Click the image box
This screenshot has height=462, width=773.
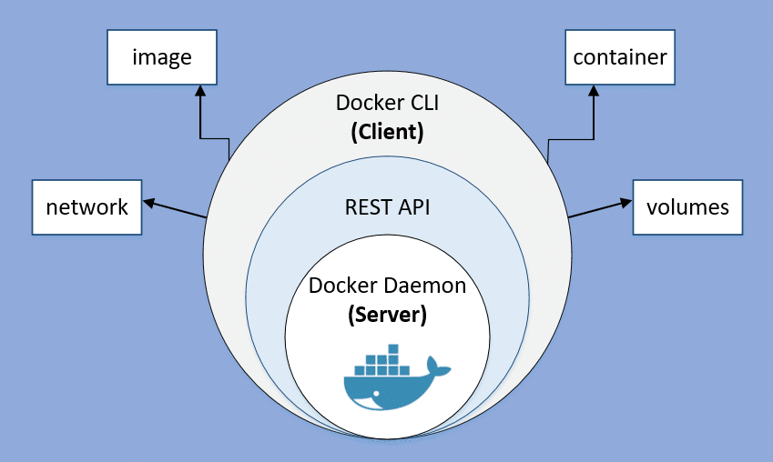(x=162, y=56)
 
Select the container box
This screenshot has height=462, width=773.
(x=619, y=56)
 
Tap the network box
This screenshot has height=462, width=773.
(x=86, y=206)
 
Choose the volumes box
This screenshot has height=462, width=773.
(x=687, y=206)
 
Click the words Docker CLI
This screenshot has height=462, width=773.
(x=387, y=102)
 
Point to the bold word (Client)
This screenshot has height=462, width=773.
(x=387, y=131)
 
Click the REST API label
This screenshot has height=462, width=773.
(x=387, y=207)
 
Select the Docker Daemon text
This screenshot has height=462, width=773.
(x=387, y=285)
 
